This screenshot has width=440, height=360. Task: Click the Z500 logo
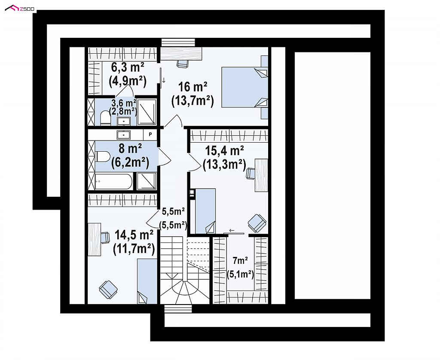pos(20,9)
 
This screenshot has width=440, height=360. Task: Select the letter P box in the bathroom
pos(150,134)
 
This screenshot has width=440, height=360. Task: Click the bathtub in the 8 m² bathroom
pos(113,181)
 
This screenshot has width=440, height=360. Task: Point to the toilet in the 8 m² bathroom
pos(103,156)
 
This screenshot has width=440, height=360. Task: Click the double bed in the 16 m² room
pos(244,87)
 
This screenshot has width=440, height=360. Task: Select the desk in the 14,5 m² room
pos(94,239)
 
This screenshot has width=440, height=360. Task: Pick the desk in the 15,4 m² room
pos(261,175)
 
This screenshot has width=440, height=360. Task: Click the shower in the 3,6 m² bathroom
pos(147,112)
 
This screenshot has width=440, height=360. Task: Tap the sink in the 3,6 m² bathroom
pos(124,121)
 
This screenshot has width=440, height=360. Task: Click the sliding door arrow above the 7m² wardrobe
pos(232,231)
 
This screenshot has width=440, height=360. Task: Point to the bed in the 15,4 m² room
pos(205,211)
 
